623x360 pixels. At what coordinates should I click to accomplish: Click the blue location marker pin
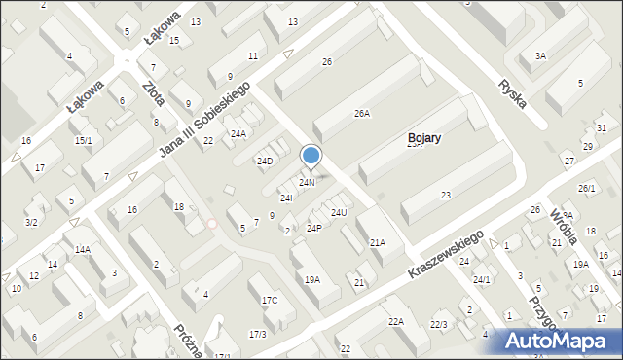click(311, 156)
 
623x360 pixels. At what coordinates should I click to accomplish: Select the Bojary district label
click(424, 138)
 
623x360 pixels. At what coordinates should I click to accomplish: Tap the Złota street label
click(153, 96)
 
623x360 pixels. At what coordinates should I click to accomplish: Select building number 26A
click(361, 114)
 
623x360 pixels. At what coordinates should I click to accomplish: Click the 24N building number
click(307, 183)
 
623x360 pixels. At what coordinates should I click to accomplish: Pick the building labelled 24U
click(339, 212)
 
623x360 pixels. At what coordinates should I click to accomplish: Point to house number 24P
click(313, 228)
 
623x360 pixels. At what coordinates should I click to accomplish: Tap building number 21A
click(377, 243)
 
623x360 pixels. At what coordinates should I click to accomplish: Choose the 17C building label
click(270, 300)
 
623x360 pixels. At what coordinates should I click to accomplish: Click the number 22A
click(395, 322)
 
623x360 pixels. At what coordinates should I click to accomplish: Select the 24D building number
click(265, 161)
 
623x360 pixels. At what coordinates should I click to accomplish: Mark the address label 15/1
click(84, 141)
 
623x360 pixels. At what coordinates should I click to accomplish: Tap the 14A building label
click(83, 249)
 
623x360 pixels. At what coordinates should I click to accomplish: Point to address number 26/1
click(586, 188)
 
